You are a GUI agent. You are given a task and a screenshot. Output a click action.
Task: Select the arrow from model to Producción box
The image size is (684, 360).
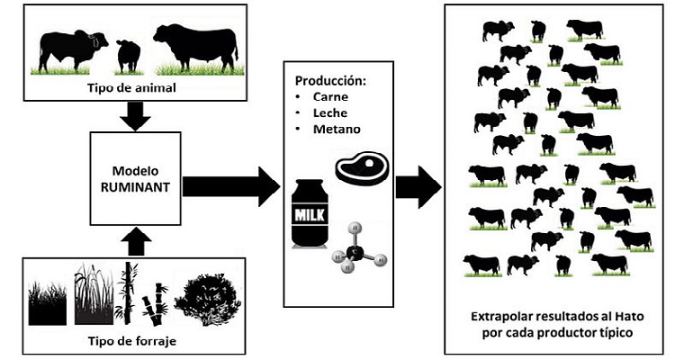tap(231, 186)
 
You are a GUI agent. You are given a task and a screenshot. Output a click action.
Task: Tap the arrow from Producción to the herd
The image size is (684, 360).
tap(418, 186)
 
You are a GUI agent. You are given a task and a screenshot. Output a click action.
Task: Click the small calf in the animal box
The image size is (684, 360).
tap(128, 54)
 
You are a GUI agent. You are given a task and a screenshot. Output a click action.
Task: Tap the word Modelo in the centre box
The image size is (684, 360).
tap(137, 169)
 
